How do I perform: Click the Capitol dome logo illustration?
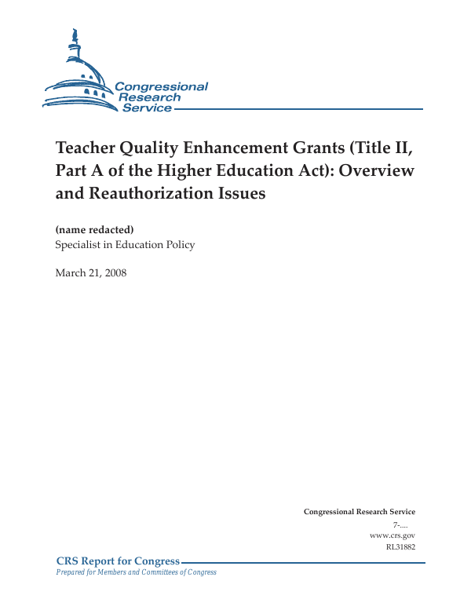78,75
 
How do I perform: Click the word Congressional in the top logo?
161,86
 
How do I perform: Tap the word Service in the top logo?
147,108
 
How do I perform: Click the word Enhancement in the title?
250,149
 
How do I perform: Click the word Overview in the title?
377,170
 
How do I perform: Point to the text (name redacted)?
94,229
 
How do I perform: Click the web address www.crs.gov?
392,535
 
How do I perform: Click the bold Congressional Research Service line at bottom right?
359,512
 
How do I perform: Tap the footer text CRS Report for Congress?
118,561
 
